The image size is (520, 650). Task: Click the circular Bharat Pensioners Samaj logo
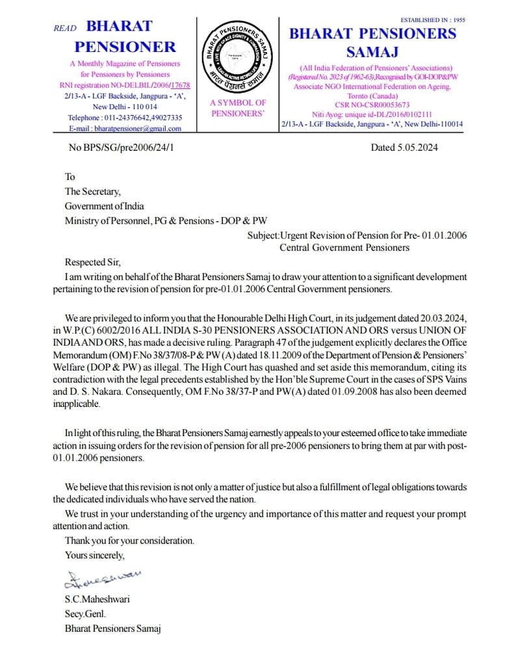click(238, 57)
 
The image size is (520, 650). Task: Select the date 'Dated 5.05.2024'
click(404, 148)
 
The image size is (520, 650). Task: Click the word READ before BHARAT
click(65, 29)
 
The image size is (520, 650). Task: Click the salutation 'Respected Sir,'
click(93, 263)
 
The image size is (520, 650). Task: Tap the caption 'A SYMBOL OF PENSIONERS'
click(238, 108)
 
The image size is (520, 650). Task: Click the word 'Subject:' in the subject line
click(263, 235)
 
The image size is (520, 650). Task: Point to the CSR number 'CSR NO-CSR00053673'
click(372, 105)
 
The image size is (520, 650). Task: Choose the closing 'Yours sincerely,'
click(94, 555)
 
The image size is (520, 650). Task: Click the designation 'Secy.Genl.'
click(85, 614)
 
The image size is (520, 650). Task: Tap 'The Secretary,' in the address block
click(92, 191)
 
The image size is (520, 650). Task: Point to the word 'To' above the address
click(70, 177)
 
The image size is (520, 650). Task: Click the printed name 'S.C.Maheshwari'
click(97, 599)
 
